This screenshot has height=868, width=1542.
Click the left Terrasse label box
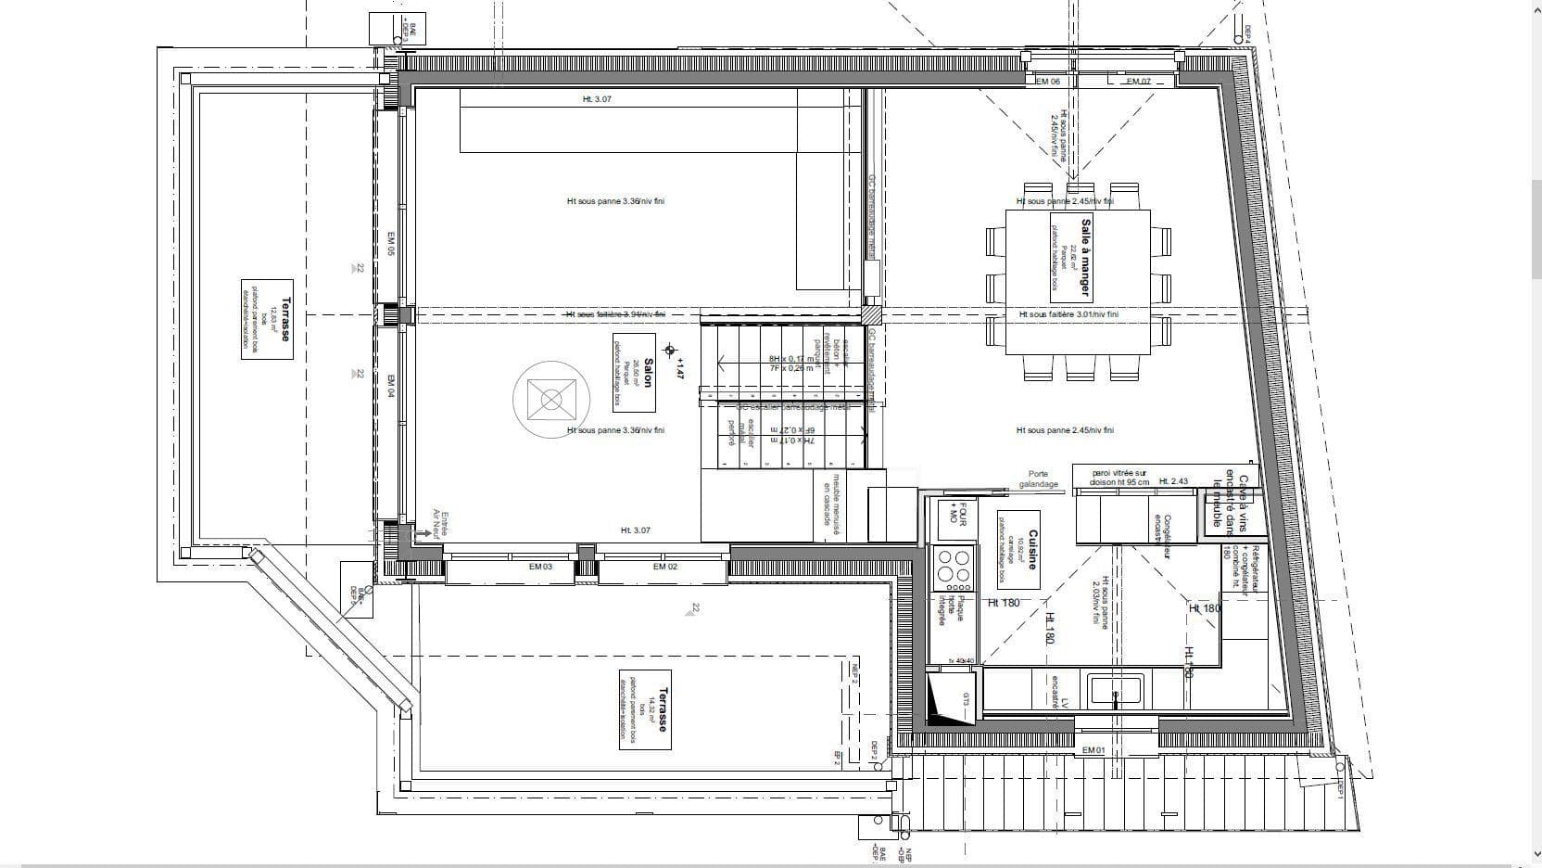(266, 320)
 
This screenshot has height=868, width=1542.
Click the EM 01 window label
(1093, 749)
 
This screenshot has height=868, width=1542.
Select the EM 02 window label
(664, 567)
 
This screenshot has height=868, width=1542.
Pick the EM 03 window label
(541, 567)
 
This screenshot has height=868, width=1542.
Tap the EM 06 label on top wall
(1047, 82)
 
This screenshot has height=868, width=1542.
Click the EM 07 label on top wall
(1138, 82)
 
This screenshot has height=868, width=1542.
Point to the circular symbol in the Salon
(551, 400)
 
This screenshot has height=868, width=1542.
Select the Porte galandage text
(1038, 479)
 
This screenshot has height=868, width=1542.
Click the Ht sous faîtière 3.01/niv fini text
(1068, 314)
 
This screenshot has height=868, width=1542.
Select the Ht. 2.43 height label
(1179, 481)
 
